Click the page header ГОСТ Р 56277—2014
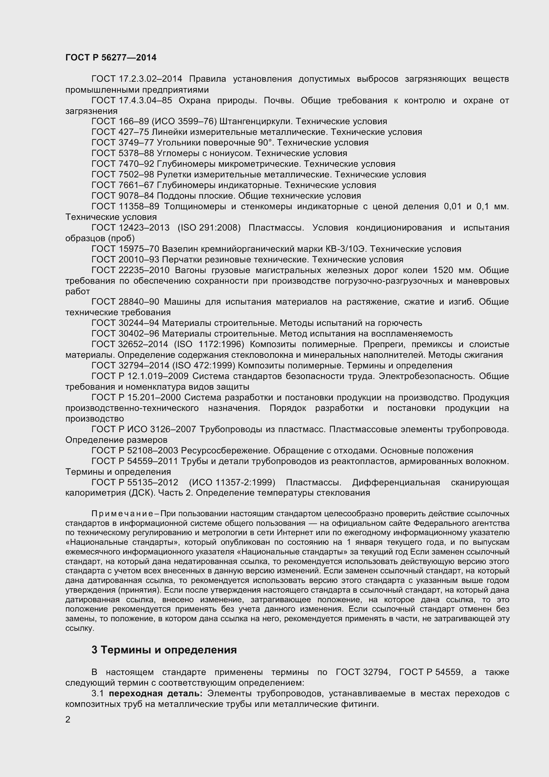click(111, 57)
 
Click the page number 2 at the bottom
click(68, 720)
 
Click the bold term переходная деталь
click(155, 693)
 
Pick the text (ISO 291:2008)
click(209, 228)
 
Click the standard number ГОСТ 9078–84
click(123, 196)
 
